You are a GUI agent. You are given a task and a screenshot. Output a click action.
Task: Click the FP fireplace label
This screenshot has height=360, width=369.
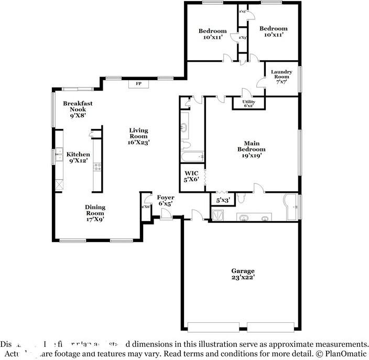pyautogui.click(x=139, y=83)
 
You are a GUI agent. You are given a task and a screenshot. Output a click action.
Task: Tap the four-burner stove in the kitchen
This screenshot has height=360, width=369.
pyautogui.click(x=97, y=167)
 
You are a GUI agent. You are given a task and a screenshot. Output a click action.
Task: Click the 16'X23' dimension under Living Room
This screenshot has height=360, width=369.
pyautogui.click(x=139, y=143)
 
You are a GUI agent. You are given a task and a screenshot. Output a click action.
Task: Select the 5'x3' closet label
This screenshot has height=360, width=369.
pyautogui.click(x=223, y=200)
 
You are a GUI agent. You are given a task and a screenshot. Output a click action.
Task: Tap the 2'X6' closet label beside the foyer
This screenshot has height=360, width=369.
pyautogui.click(x=146, y=208)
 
